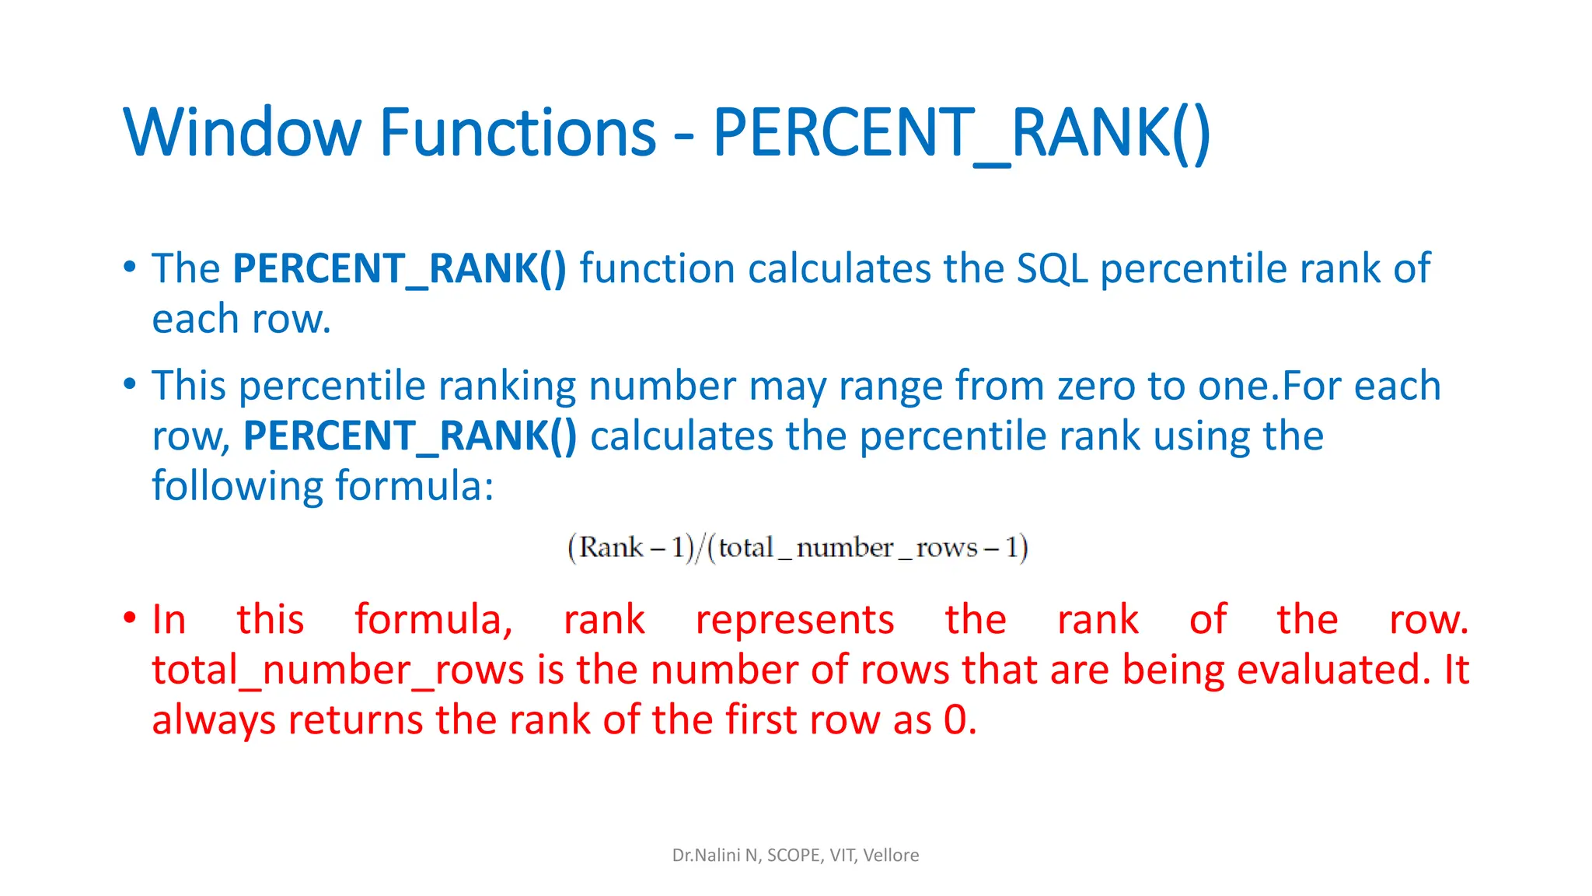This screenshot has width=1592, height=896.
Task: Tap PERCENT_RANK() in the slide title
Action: coord(961,134)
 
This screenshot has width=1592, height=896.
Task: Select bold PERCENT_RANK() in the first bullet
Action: coord(400,269)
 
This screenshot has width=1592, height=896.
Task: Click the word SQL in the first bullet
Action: coord(1053,269)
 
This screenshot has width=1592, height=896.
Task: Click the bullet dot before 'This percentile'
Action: coord(130,383)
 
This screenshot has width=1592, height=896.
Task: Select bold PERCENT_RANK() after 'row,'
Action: coord(410,436)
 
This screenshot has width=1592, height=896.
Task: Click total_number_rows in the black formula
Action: coord(847,548)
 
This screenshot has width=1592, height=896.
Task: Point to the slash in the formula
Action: coord(700,548)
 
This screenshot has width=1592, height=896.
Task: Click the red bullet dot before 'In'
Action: coord(130,619)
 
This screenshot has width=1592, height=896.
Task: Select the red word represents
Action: coord(794,621)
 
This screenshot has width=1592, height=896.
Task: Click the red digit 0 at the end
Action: coord(955,720)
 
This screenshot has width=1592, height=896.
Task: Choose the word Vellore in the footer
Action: coord(891,856)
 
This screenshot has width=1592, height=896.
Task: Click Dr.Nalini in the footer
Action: coord(706,856)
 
